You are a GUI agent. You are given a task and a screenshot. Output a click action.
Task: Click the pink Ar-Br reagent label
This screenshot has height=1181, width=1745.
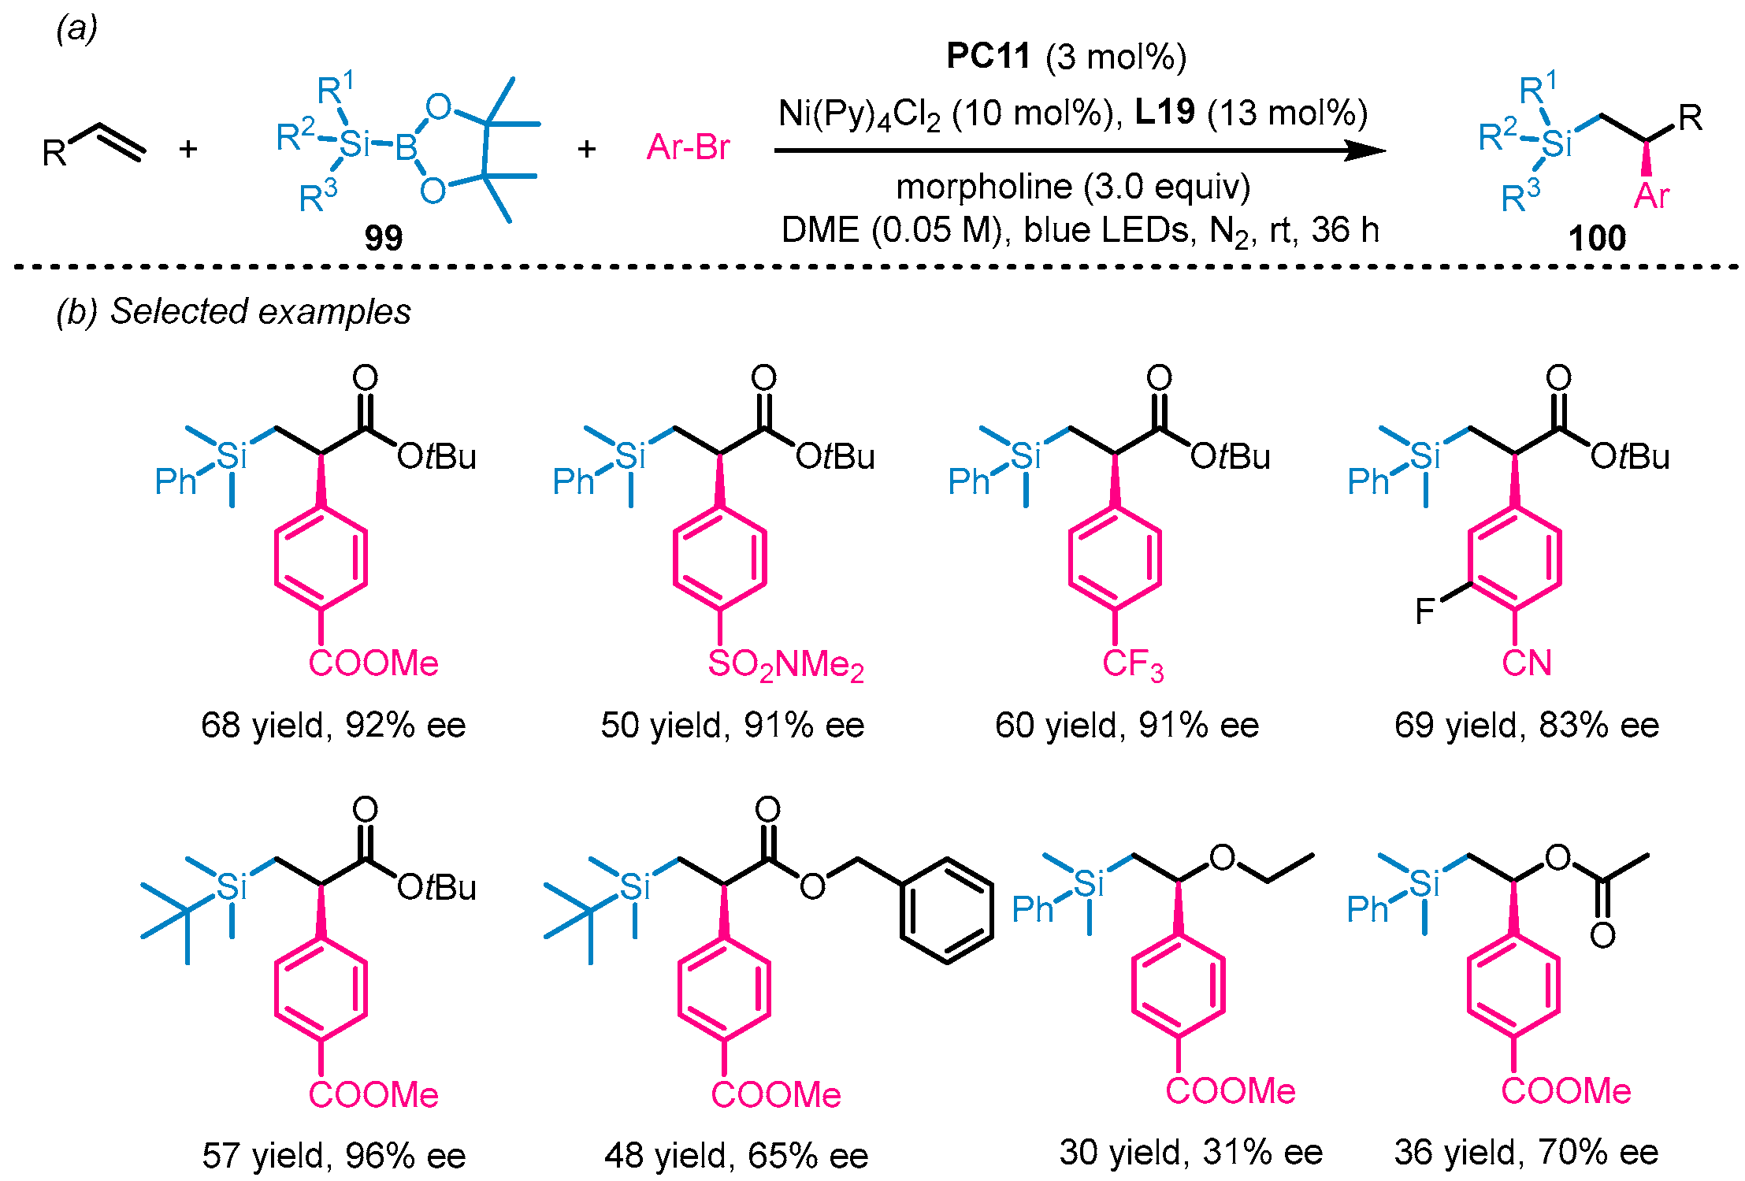coord(688,147)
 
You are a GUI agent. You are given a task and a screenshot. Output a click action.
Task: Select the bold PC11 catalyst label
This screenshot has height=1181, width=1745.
coord(988,57)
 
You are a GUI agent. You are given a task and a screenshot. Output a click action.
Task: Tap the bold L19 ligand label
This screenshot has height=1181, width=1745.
coord(1164,113)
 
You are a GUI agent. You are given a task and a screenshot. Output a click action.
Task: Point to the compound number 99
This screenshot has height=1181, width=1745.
coord(383,237)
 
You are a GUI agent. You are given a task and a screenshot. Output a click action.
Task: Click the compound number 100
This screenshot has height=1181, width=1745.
coord(1596,238)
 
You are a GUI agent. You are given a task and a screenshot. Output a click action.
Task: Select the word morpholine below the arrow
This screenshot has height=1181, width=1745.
coord(984,188)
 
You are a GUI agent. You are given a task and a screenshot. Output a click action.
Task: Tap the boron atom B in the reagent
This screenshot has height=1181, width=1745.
coord(406,147)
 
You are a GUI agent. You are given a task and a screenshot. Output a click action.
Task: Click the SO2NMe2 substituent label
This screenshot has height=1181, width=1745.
coord(785,664)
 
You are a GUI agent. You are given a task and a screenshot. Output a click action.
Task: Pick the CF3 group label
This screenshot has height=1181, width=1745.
coord(1132,664)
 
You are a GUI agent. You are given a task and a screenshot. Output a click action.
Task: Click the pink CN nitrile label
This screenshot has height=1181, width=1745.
coord(1526,663)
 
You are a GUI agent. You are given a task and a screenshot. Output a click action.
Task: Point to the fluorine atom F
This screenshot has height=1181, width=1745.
coord(1425,611)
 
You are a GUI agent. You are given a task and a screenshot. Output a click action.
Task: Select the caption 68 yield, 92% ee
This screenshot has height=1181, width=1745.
coord(333,725)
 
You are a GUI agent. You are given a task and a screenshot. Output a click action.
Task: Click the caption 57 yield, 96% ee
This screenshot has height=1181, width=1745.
coord(333,1156)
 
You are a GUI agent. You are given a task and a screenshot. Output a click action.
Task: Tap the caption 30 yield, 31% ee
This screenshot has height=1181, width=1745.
coord(1190,1152)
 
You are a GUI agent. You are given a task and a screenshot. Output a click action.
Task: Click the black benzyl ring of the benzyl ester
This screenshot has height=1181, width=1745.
coord(946,911)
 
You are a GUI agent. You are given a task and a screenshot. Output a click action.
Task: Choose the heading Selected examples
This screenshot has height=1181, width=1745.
coord(260,311)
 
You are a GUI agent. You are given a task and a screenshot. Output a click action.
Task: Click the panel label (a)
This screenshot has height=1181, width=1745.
coord(76,29)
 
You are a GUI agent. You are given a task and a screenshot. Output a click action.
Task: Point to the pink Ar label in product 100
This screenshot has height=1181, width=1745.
coord(1650,196)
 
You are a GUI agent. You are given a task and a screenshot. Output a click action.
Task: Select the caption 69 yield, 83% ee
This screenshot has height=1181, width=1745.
coord(1526,725)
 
